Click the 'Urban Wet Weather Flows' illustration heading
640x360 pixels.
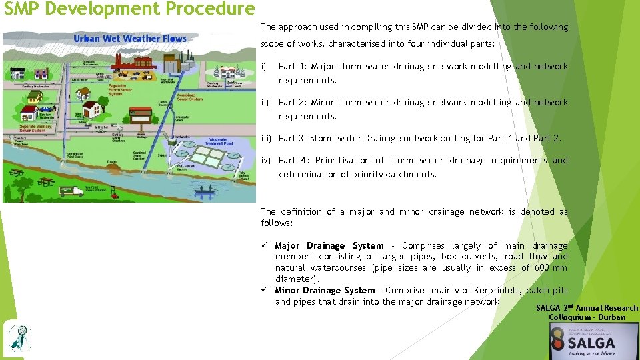coord(130,39)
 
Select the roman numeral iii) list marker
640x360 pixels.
coord(266,138)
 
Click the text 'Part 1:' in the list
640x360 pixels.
coord(292,67)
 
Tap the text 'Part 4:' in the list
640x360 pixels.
coord(293,161)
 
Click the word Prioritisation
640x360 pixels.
coord(343,161)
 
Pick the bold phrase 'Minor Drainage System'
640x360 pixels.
coord(325,291)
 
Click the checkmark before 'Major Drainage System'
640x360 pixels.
coord(265,246)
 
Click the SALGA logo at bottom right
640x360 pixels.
coord(591,343)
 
